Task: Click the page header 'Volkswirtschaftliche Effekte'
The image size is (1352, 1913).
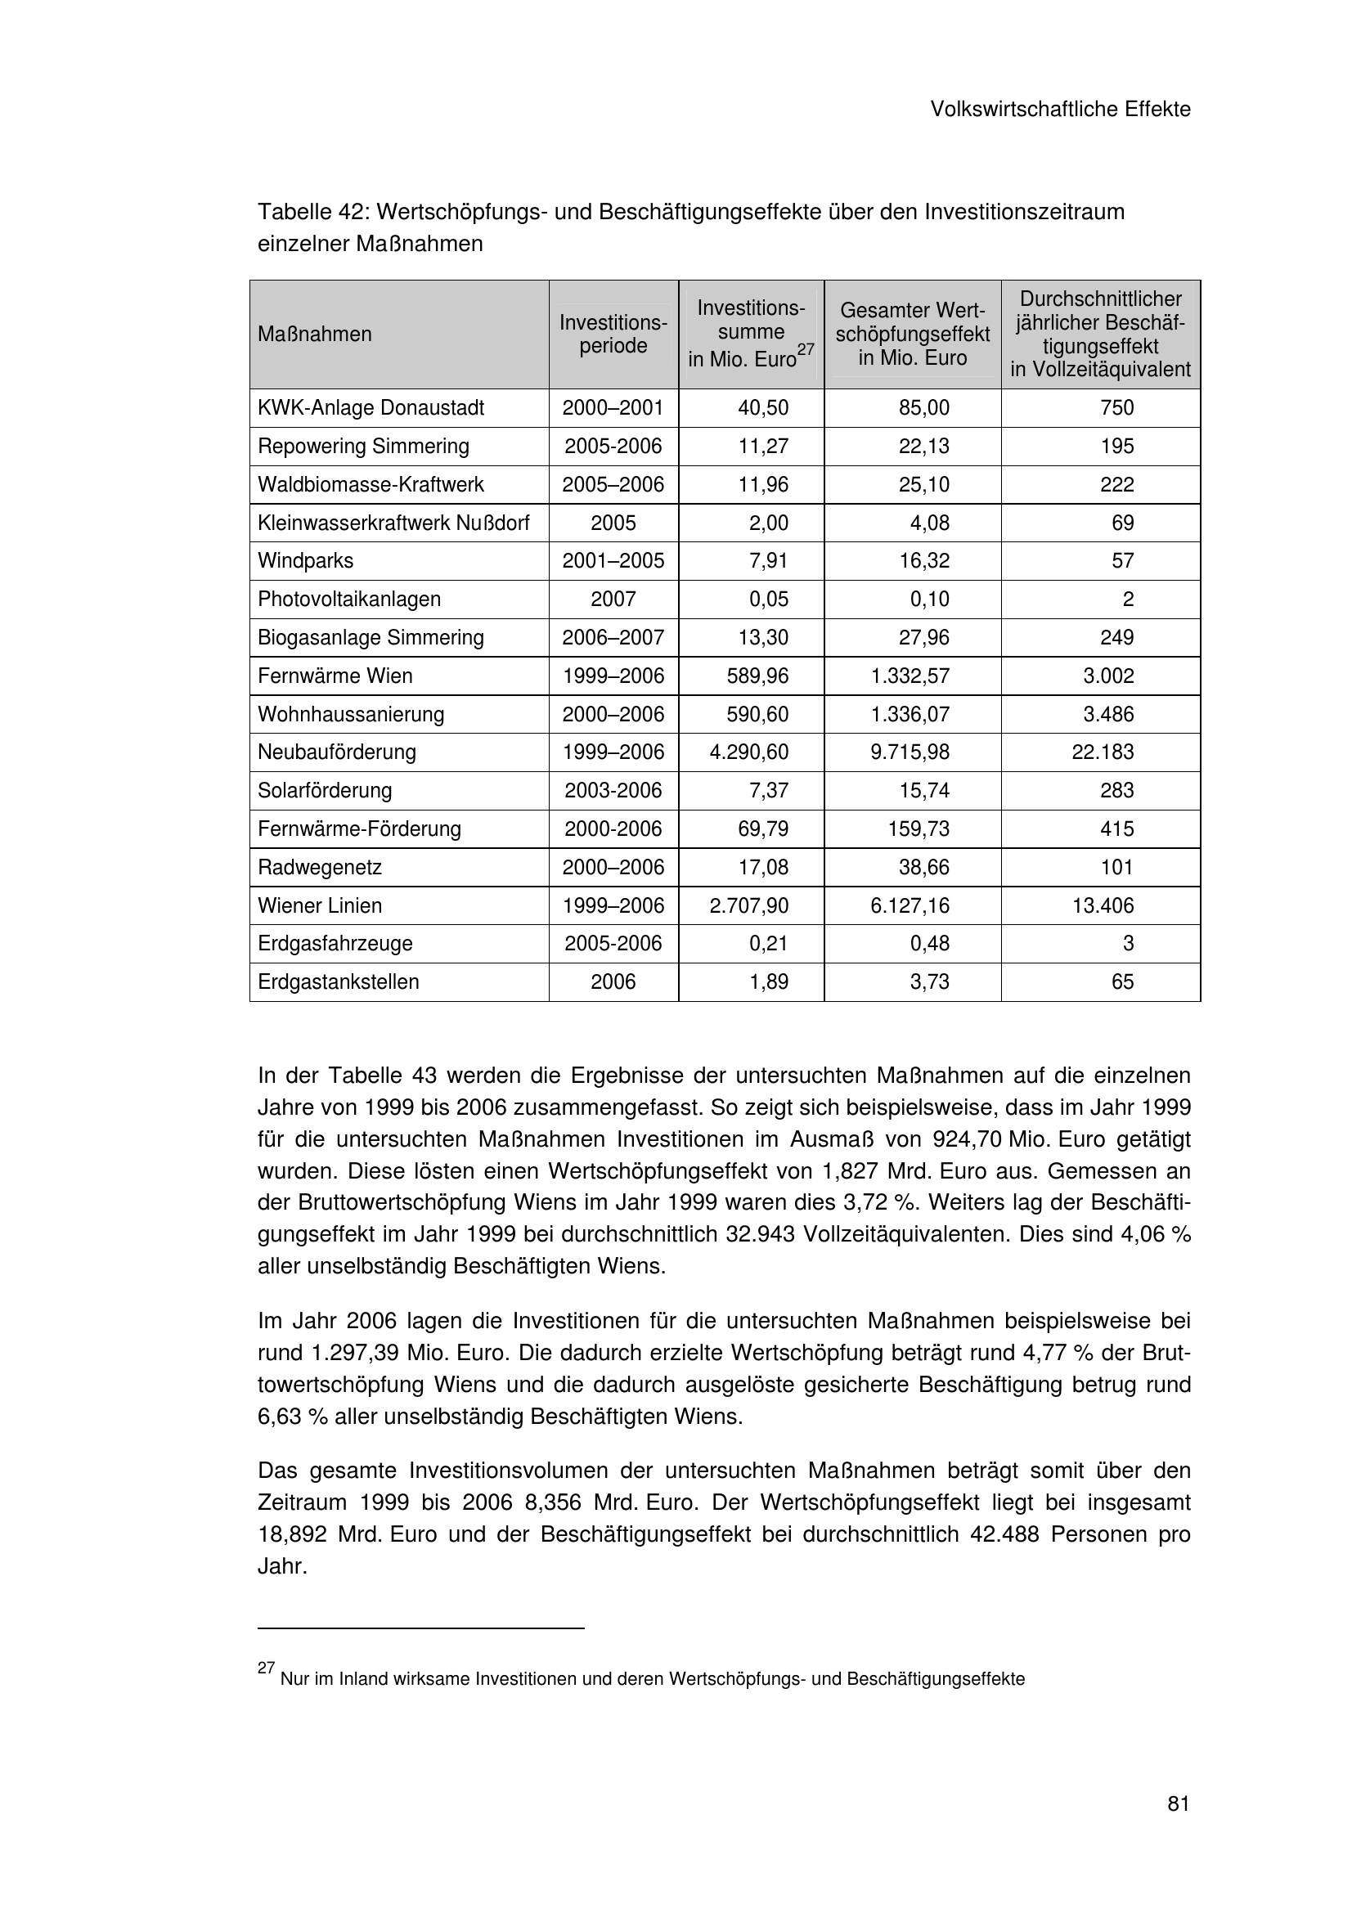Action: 1060,109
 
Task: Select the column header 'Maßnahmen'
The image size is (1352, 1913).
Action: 314,335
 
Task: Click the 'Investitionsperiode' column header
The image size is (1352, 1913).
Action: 613,335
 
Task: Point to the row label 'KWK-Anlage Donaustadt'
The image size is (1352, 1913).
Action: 371,408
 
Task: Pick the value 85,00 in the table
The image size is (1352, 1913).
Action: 923,408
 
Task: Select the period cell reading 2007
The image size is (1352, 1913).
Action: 613,599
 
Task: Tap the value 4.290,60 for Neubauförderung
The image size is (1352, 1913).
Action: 749,752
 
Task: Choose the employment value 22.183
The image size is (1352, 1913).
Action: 1102,752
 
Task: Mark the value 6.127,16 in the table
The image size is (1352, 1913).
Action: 910,905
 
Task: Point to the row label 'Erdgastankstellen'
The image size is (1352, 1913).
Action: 339,982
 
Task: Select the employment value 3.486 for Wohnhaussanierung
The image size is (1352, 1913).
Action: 1108,714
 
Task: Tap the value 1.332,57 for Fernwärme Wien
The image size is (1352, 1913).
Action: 910,676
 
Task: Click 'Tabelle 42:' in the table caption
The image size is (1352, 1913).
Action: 308,213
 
